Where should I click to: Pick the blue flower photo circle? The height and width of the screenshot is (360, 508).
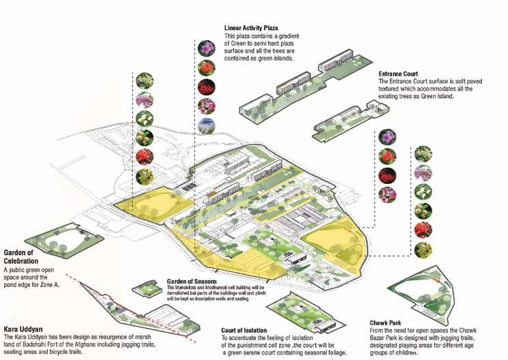[x=206, y=125]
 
